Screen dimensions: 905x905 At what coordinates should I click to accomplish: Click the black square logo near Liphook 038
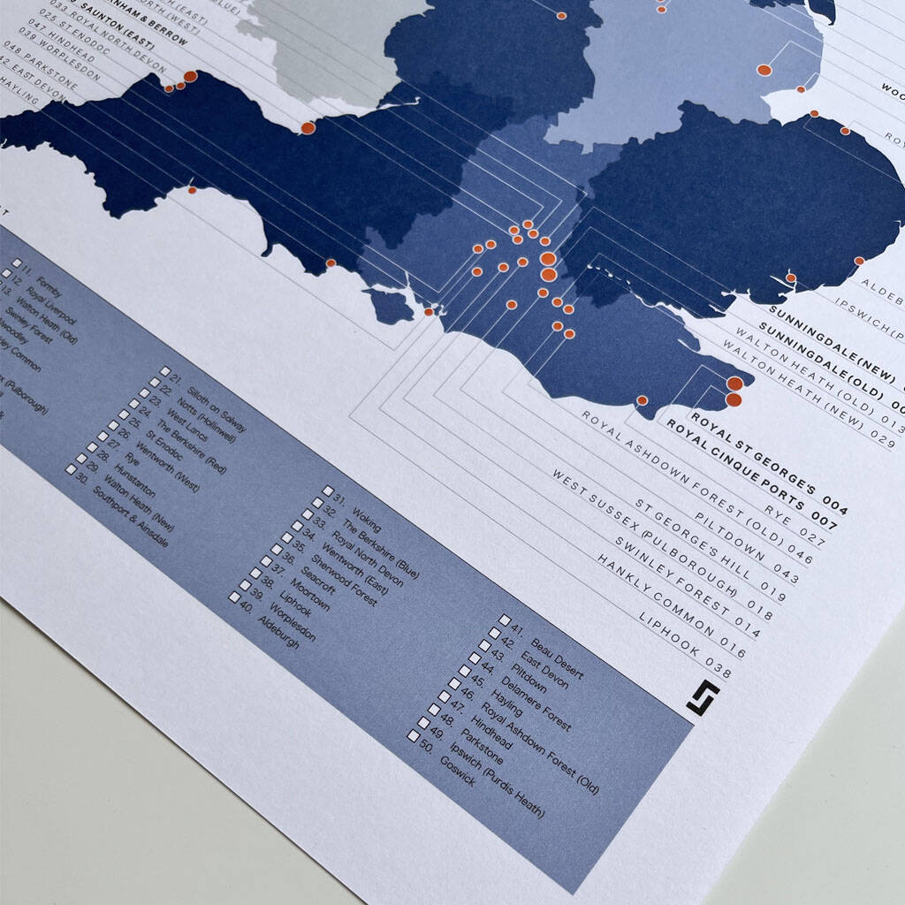tap(703, 696)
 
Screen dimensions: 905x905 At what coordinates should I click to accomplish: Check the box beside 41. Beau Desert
tap(505, 621)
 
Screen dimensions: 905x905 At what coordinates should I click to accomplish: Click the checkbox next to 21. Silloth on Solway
tap(165, 371)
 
